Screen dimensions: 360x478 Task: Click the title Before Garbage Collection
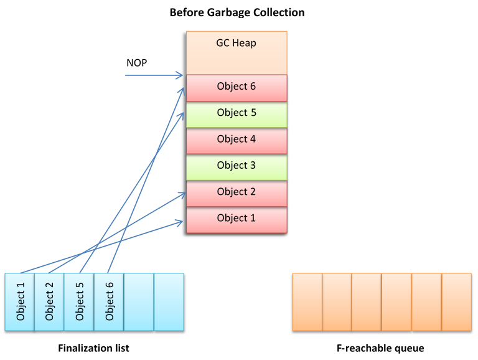[x=237, y=12]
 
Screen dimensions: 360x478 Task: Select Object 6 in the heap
[x=237, y=87]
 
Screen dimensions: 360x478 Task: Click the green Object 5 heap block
[x=237, y=113]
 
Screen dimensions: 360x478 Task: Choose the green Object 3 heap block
[x=237, y=166]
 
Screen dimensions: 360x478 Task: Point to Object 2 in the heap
[x=237, y=192]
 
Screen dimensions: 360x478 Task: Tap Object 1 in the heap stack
[x=237, y=219]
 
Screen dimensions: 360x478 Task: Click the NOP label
[x=136, y=63]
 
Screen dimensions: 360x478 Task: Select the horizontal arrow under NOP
[x=152, y=76]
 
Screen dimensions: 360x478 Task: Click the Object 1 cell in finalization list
[x=19, y=301]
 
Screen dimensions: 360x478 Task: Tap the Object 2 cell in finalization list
[x=49, y=301]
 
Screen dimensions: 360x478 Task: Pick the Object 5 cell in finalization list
[x=79, y=301]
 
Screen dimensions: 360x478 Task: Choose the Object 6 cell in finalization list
[x=109, y=301]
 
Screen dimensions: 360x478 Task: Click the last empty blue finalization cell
[x=169, y=301]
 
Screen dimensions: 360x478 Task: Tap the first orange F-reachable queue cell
[x=307, y=301]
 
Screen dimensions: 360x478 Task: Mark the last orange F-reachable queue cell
[x=456, y=301]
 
